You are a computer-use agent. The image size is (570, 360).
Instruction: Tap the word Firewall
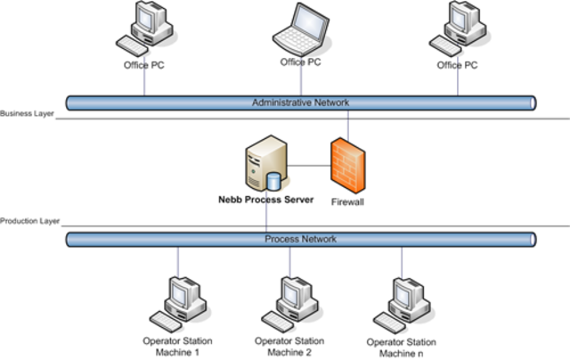coord(347,202)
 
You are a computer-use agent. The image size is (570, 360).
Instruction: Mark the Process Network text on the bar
coord(300,239)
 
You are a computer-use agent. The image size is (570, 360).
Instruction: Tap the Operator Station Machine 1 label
coord(178,346)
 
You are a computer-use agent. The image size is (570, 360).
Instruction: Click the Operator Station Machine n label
coord(402,347)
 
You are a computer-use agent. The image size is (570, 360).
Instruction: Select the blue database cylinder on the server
coord(274,181)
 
